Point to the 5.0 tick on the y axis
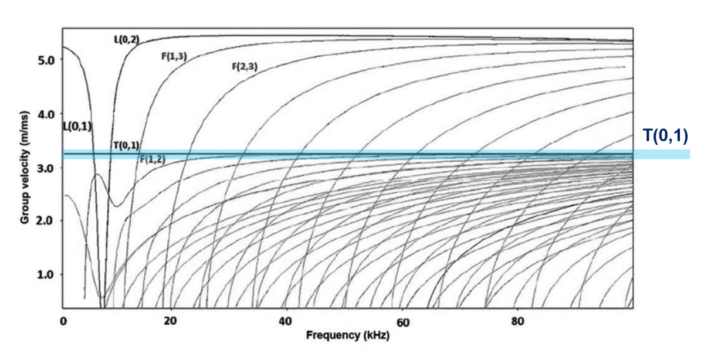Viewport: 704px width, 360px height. point(46,60)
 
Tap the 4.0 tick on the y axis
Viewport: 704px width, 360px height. point(46,114)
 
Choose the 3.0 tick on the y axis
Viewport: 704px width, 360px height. point(46,168)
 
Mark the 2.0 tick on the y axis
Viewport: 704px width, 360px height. point(46,221)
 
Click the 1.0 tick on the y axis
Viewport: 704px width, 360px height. point(46,275)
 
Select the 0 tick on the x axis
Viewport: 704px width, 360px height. point(63,322)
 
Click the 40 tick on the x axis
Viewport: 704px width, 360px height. point(286,322)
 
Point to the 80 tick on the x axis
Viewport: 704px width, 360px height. point(518,322)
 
